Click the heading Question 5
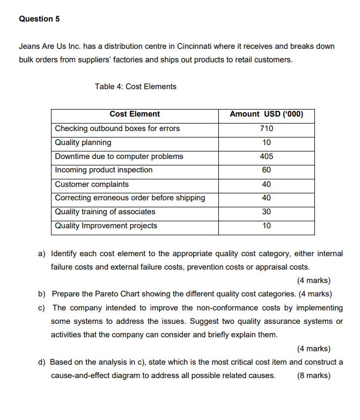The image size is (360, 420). pyautogui.click(x=39, y=19)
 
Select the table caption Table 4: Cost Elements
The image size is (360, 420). pyautogui.click(x=135, y=86)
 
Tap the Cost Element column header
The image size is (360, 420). pyautogui.click(x=135, y=114)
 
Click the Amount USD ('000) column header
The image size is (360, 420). pyautogui.click(x=266, y=114)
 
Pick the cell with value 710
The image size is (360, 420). pyautogui.click(x=266, y=128)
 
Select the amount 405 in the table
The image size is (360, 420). pyautogui.click(x=266, y=156)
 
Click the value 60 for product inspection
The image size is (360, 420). pyautogui.click(x=266, y=170)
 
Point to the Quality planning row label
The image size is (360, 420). pyautogui.click(x=83, y=142)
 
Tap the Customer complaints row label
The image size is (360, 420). pyautogui.click(x=92, y=184)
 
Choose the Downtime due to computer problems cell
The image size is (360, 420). pyautogui.click(x=119, y=156)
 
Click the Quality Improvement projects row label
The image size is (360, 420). pyautogui.click(x=106, y=226)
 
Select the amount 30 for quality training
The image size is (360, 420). pyautogui.click(x=266, y=212)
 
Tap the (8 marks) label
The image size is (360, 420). pyautogui.click(x=313, y=375)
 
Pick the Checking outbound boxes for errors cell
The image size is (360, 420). pyautogui.click(x=117, y=128)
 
